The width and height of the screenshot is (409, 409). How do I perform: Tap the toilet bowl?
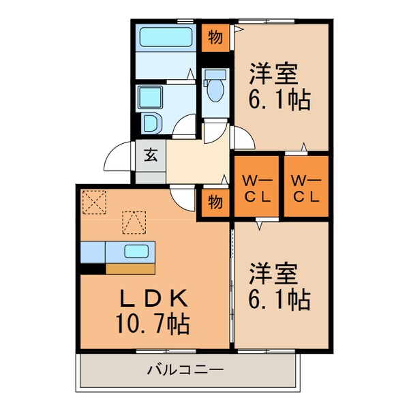coord(216,87)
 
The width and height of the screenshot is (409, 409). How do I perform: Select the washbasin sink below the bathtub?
coord(151,97)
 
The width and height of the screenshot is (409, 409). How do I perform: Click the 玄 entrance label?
coord(150,154)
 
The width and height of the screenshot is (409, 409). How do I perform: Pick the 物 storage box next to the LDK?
coord(215,202)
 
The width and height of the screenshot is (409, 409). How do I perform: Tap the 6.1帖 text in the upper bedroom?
coord(279,100)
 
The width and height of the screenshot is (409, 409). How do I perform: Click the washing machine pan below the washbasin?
coord(151,123)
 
